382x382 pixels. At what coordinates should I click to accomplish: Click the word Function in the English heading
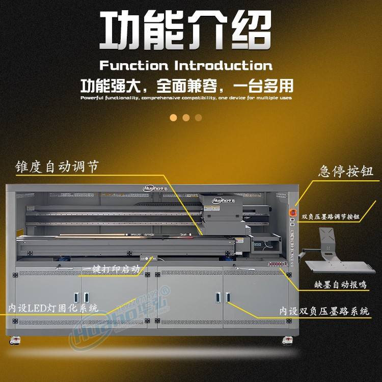[x=133, y=66]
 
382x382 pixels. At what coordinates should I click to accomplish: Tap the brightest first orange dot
[x=173, y=118]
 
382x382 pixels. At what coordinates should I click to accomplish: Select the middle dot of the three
[x=186, y=118]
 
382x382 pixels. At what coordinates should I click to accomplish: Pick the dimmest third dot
[x=199, y=118]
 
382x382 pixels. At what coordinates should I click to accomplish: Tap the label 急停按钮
[x=346, y=171]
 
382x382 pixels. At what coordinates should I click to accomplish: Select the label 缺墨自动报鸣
[x=340, y=284]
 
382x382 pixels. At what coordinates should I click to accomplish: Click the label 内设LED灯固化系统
[x=53, y=308]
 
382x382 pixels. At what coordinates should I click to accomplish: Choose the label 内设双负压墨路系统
[x=324, y=311]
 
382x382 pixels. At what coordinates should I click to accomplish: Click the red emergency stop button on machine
[x=293, y=210]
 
